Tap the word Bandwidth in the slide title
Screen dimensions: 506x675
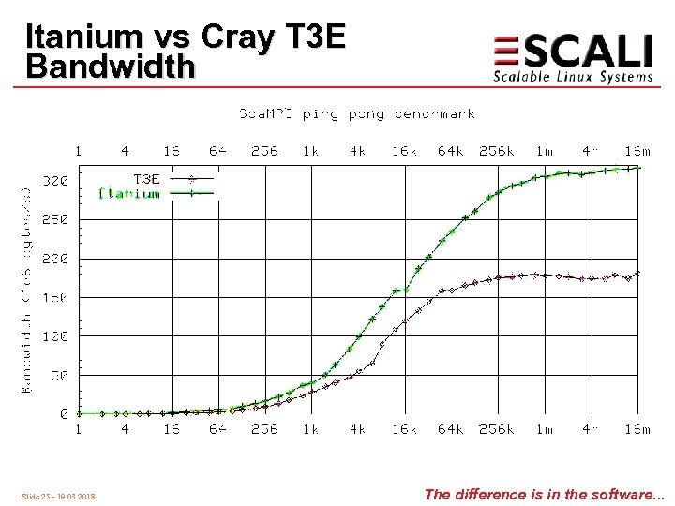(111, 67)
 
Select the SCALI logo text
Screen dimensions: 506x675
(573, 51)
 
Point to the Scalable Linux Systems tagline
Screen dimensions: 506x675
(573, 77)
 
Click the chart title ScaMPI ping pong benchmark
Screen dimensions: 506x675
(356, 114)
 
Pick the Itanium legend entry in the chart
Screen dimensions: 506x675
(129, 194)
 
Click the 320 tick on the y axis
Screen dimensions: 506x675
(56, 181)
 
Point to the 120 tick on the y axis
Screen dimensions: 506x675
(56, 335)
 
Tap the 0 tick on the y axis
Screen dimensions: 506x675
(63, 413)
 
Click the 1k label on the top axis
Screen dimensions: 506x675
(311, 150)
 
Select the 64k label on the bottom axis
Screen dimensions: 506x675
(450, 429)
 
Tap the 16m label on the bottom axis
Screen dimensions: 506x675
(637, 429)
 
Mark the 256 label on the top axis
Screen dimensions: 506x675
(264, 150)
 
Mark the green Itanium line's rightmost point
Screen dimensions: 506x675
(637, 168)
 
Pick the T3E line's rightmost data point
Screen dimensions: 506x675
(637, 274)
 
